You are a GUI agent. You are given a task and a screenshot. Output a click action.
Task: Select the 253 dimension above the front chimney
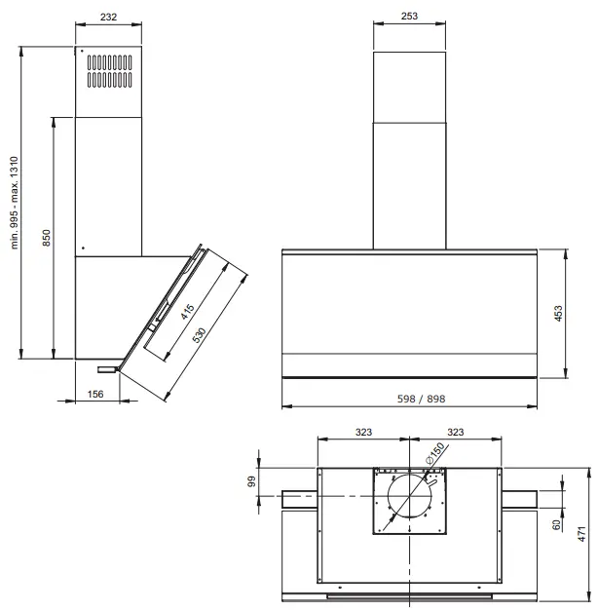pos(409,19)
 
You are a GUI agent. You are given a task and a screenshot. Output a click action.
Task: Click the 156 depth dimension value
pos(96,394)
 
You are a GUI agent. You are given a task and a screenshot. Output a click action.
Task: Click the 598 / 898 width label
pos(409,398)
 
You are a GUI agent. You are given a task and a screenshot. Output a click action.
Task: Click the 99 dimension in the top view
pos(249,481)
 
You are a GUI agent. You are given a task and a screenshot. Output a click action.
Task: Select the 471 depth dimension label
pos(583,533)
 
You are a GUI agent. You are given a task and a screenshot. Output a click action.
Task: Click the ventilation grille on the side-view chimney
pos(106,73)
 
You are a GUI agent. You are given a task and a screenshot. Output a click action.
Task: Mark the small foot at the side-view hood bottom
pos(105,369)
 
